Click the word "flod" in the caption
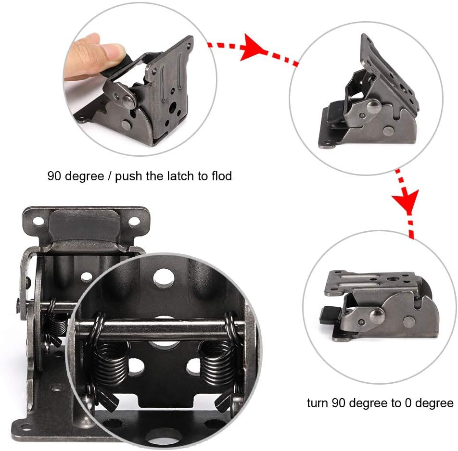[220, 176]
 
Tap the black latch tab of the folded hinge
[328, 317]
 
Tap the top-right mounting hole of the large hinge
[134, 221]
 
